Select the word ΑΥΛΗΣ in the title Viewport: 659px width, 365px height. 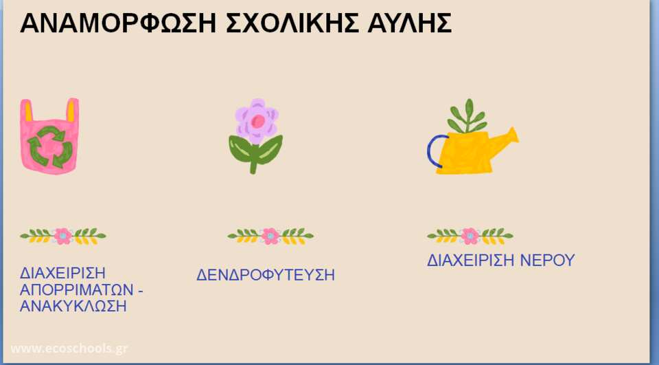click(x=410, y=23)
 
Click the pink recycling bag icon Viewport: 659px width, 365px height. click(x=49, y=136)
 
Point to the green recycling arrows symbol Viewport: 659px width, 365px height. click(x=50, y=147)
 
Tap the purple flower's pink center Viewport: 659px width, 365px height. click(x=258, y=121)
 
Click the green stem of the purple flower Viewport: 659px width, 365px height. click(x=253, y=162)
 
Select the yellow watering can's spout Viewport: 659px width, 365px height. click(x=506, y=141)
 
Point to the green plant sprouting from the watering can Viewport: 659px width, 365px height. click(x=467, y=115)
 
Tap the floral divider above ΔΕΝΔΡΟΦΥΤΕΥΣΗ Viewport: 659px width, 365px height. click(x=270, y=236)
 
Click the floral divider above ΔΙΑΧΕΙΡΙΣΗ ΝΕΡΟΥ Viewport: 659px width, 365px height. click(x=470, y=236)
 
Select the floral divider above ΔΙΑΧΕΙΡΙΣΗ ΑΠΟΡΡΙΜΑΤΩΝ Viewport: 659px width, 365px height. click(x=63, y=236)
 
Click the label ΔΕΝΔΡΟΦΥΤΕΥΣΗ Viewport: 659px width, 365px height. click(x=266, y=276)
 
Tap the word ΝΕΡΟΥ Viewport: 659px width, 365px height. click(x=547, y=260)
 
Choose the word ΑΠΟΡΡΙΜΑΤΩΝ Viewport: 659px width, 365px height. click(x=77, y=289)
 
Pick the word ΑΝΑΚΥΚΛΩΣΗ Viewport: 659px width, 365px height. click(x=73, y=306)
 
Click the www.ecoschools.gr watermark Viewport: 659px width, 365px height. click(x=69, y=349)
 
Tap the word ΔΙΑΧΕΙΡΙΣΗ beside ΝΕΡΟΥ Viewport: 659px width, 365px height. click(x=470, y=260)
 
